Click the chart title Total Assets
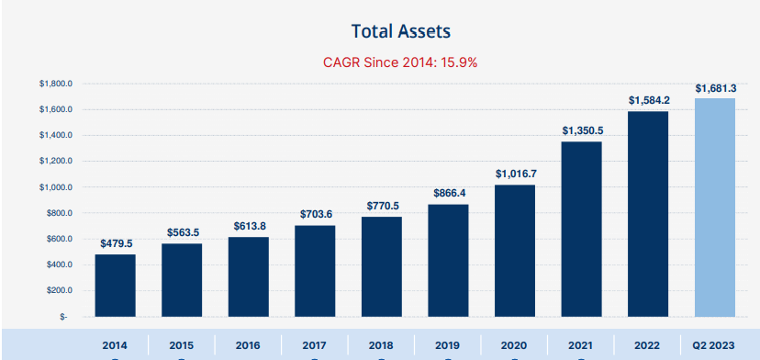pyautogui.click(x=400, y=31)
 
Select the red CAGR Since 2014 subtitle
pyautogui.click(x=400, y=63)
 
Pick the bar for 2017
pyautogui.click(x=315, y=271)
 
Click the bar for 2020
pyautogui.click(x=515, y=252)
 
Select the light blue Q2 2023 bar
pyautogui.click(x=715, y=208)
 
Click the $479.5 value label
pyautogui.click(x=115, y=243)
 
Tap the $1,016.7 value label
pyautogui.click(x=515, y=174)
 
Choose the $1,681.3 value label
pyautogui.click(x=715, y=88)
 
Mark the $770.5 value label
pyautogui.click(x=382, y=206)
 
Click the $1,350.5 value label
pyautogui.click(x=582, y=130)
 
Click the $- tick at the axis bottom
pyautogui.click(x=63, y=316)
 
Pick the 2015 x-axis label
pyautogui.click(x=181, y=345)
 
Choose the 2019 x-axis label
pyautogui.click(x=448, y=345)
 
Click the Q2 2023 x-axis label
pyautogui.click(x=715, y=345)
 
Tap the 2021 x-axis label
pyautogui.click(x=582, y=345)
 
